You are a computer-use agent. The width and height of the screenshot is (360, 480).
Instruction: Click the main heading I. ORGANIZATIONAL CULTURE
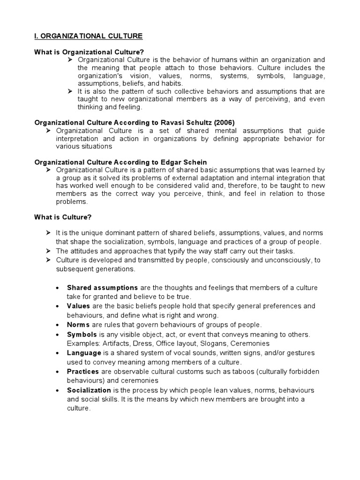[x=89, y=36]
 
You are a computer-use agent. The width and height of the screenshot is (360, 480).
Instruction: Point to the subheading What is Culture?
[x=63, y=217]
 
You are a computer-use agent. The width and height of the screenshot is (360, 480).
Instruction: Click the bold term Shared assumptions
[x=102, y=287]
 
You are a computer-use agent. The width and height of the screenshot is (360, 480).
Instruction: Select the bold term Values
[x=78, y=306]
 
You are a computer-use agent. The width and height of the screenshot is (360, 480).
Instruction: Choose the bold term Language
[x=84, y=352]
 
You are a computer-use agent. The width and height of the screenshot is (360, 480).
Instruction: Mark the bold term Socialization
[x=89, y=390]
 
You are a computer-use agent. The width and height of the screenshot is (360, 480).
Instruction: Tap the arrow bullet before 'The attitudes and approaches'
[x=48, y=251]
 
